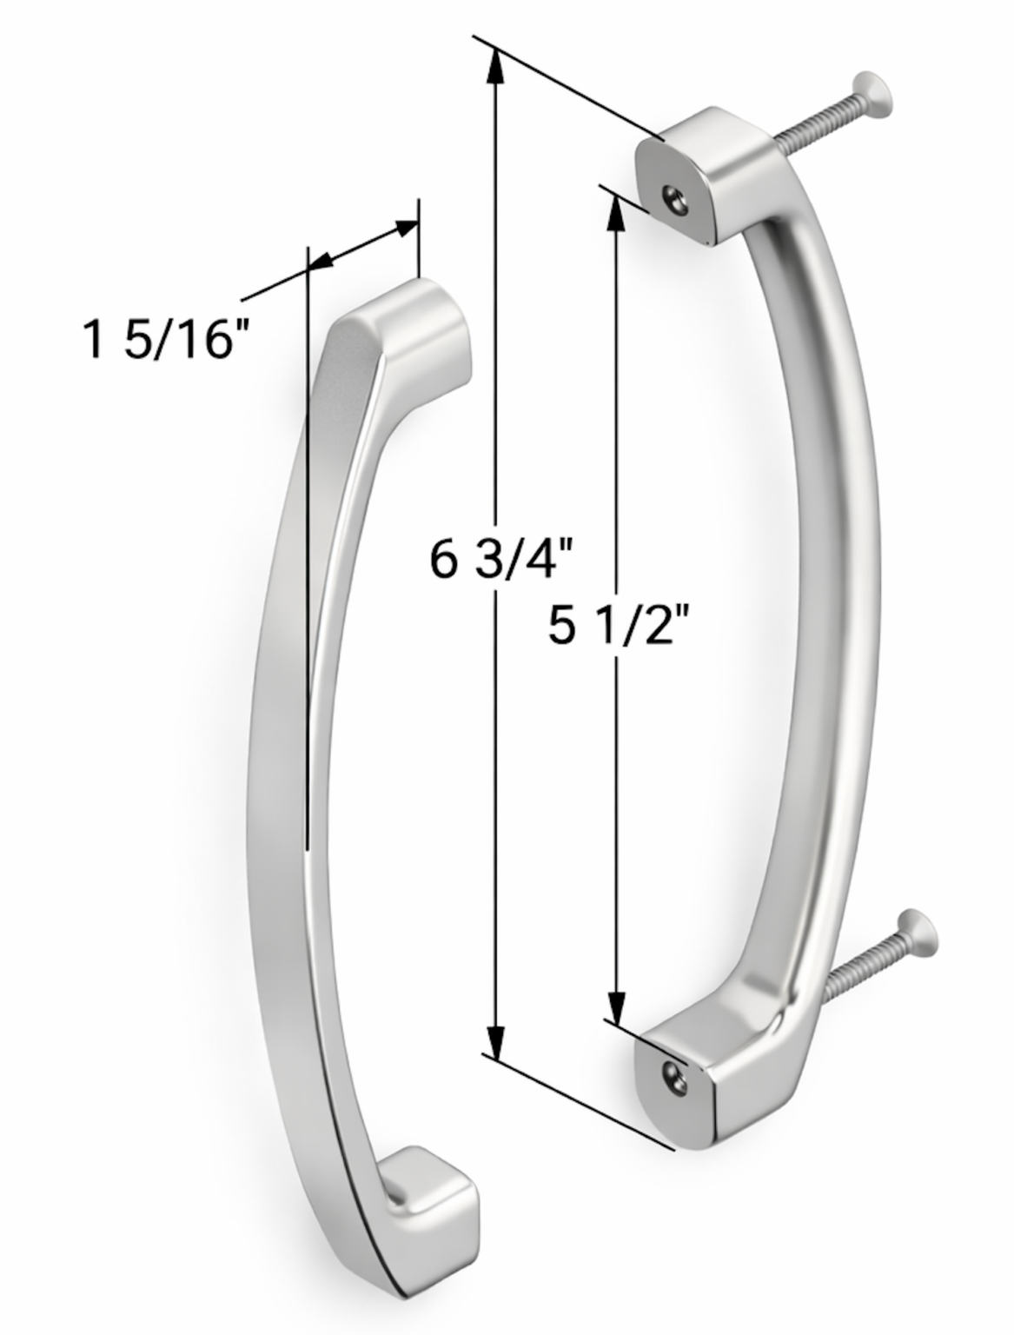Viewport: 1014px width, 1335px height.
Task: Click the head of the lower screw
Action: pos(920,932)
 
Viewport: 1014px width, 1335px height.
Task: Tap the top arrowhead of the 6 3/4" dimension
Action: pos(495,65)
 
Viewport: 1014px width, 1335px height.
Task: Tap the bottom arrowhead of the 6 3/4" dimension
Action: pos(495,1039)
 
